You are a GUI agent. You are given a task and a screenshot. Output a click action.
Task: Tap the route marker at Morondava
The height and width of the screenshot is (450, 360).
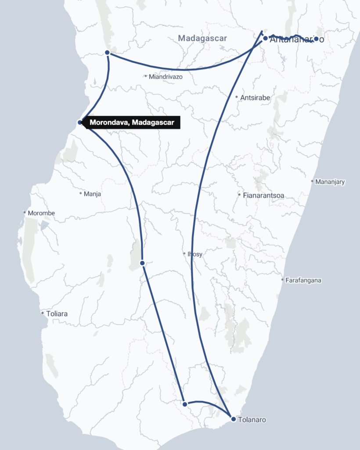[x=79, y=122]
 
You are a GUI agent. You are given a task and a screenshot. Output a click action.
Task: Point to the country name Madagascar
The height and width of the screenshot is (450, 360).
[x=202, y=38]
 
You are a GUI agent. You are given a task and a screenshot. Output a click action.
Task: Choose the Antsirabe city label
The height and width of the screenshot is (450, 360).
[x=255, y=98]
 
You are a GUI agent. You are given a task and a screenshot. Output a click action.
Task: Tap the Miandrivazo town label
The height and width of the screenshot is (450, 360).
[x=166, y=76]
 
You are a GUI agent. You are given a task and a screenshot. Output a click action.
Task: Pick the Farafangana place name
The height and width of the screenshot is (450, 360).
[x=303, y=280]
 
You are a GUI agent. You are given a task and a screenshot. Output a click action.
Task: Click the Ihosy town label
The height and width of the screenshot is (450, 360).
[x=195, y=254]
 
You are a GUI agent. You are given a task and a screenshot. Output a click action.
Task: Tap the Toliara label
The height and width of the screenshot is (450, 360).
[x=57, y=314]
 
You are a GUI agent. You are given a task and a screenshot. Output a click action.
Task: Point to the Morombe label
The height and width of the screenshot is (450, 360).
[x=41, y=213]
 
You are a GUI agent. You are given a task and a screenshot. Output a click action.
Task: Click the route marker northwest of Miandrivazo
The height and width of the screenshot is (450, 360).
[x=108, y=53]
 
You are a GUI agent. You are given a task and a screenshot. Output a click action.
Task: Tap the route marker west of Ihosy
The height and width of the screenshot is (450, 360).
[x=142, y=263]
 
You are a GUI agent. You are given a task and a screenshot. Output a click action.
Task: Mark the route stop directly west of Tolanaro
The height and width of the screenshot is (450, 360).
[x=185, y=404]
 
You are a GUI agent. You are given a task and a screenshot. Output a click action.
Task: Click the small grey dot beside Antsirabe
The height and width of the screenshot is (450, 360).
[x=237, y=97]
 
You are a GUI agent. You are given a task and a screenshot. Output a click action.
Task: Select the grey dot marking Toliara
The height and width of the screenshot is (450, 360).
[x=43, y=313]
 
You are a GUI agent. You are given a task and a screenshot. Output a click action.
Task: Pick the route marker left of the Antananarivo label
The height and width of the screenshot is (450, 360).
[x=265, y=38]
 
